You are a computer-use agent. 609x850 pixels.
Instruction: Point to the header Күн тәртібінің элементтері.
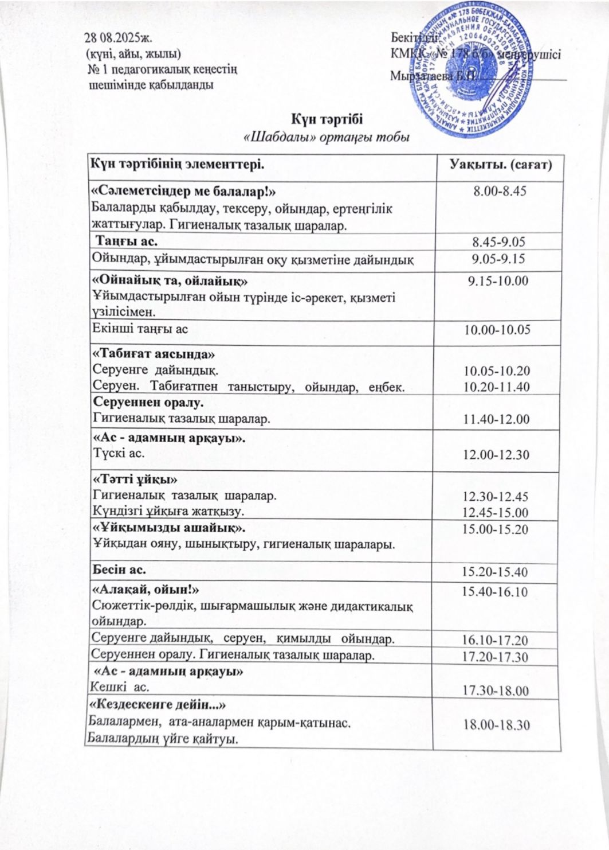(x=178, y=165)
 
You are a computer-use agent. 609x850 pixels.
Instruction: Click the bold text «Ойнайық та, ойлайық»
(x=170, y=282)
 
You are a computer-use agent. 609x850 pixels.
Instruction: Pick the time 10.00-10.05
(x=497, y=329)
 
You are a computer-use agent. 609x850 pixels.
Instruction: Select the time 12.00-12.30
(x=497, y=455)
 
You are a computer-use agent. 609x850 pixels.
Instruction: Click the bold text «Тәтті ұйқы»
(x=135, y=480)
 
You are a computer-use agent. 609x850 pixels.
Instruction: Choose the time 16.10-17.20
(x=496, y=640)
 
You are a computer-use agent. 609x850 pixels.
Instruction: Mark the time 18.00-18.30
(x=496, y=725)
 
